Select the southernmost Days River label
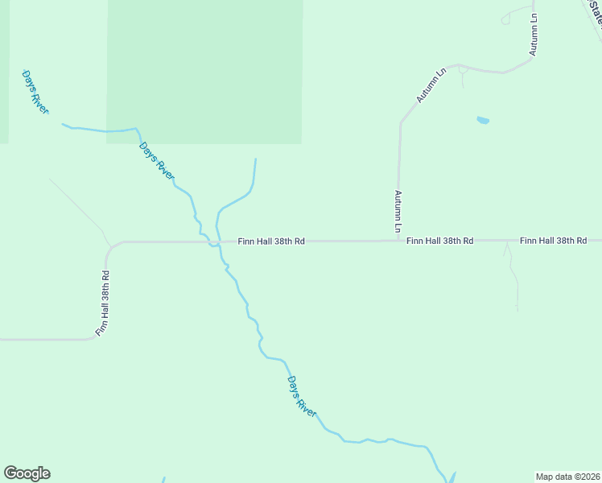pyautogui.click(x=302, y=396)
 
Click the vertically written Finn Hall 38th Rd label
pyautogui.click(x=102, y=303)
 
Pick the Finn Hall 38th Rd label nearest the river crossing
pyautogui.click(x=271, y=241)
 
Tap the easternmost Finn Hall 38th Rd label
pyautogui.click(x=553, y=241)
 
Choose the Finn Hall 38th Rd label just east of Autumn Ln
pyautogui.click(x=439, y=241)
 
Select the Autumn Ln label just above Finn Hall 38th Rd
pyautogui.click(x=398, y=212)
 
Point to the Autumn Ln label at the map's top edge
pyautogui.click(x=534, y=34)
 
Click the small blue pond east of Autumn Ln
pyautogui.click(x=483, y=121)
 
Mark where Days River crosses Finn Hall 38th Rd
pyautogui.click(x=212, y=242)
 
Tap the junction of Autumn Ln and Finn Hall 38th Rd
pyautogui.click(x=399, y=240)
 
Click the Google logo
pyautogui.click(x=27, y=473)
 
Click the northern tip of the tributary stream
pyautogui.click(x=255, y=160)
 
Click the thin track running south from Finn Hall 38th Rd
pyautogui.click(x=512, y=278)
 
